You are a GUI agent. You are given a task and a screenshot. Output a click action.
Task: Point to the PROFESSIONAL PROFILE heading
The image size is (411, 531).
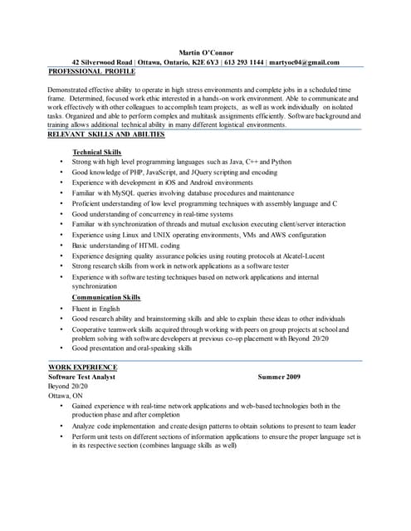click(x=92, y=72)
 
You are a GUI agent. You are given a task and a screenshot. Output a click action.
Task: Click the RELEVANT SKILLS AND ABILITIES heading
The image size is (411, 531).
click(x=106, y=134)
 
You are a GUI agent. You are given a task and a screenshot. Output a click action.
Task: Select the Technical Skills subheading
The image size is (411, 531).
click(x=97, y=153)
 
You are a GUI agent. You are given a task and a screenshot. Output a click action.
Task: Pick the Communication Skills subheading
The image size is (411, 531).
click(x=106, y=297)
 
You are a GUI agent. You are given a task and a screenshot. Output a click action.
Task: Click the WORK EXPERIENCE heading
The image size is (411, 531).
click(x=83, y=367)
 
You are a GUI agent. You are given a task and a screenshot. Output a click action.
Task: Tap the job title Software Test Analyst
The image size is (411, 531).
click(x=81, y=377)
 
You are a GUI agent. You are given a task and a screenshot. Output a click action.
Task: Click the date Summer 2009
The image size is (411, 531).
click(x=280, y=377)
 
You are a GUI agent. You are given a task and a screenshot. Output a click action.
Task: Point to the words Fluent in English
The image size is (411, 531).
click(x=96, y=308)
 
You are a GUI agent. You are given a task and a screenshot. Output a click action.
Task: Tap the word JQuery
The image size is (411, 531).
click(x=198, y=173)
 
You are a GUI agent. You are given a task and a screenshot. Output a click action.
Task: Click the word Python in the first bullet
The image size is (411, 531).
click(x=281, y=163)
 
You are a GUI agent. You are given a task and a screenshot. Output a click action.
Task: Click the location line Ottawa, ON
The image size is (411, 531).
click(x=65, y=397)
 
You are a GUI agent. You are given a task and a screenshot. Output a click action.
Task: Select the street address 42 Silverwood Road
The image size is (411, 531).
click(x=102, y=62)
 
